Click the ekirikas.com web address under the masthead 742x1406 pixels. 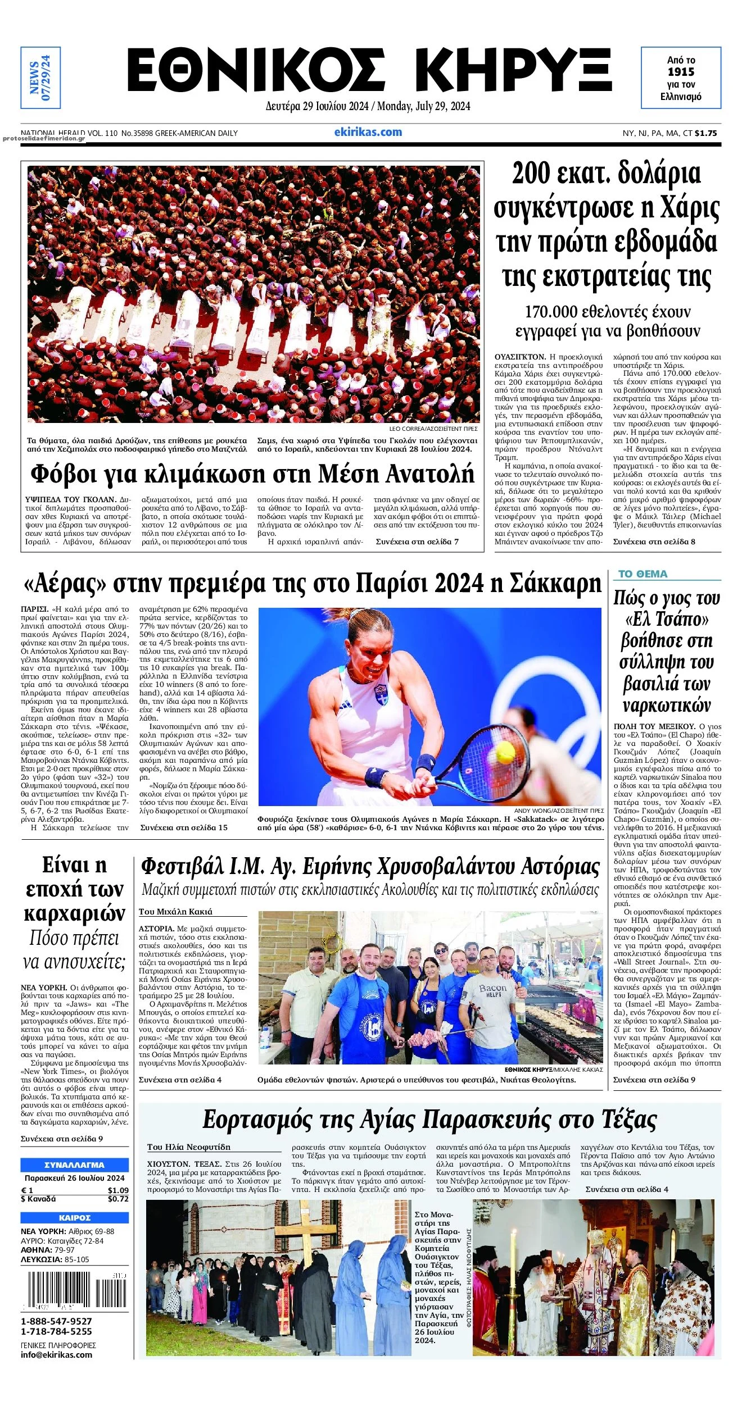[368, 133]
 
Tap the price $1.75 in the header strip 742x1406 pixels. [706, 134]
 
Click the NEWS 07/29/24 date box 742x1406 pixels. [40, 78]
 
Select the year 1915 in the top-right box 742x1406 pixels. [681, 72]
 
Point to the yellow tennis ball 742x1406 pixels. [505, 749]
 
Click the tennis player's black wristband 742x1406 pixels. [426, 763]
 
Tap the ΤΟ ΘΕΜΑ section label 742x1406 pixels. [643, 574]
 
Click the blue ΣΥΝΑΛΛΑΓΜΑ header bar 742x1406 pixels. [74, 1165]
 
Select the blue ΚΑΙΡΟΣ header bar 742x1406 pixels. [74, 1218]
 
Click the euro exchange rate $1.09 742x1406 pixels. [118, 1190]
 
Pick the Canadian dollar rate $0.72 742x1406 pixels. [118, 1199]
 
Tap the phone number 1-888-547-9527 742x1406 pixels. [56, 1321]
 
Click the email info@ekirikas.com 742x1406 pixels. [56, 1354]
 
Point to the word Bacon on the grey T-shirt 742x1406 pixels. [492, 988]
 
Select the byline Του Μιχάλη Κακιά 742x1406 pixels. [175, 912]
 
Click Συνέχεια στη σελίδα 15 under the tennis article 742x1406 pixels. [184, 827]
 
